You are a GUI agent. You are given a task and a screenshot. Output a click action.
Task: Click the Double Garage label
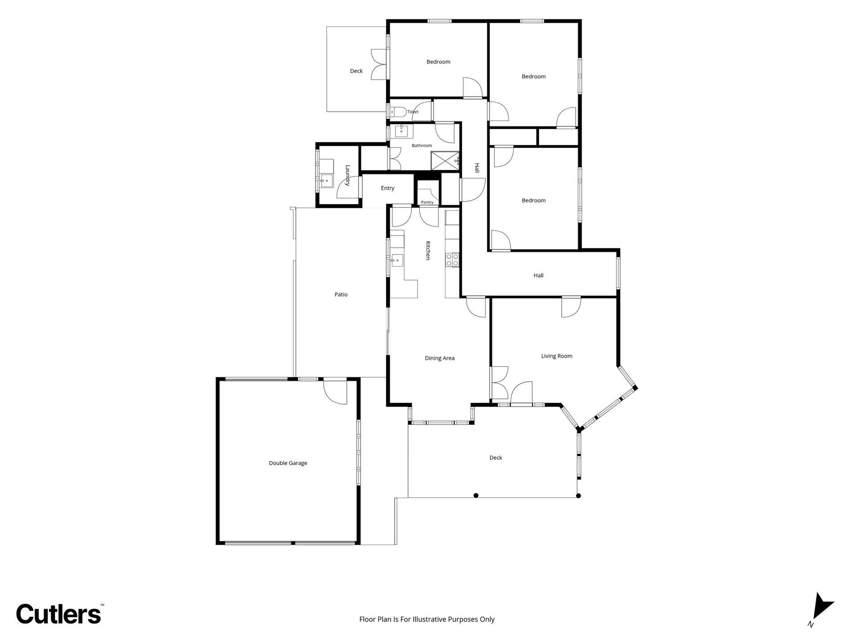pyautogui.click(x=288, y=463)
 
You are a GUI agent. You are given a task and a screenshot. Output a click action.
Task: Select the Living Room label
pyautogui.click(x=556, y=356)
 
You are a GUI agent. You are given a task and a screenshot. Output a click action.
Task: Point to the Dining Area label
pyautogui.click(x=440, y=358)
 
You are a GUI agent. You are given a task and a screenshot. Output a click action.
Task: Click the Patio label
pyautogui.click(x=341, y=295)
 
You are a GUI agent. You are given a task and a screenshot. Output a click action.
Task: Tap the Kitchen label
pyautogui.click(x=428, y=251)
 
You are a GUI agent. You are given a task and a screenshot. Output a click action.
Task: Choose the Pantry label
pyautogui.click(x=427, y=202)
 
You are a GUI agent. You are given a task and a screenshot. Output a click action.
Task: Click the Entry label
pyautogui.click(x=387, y=188)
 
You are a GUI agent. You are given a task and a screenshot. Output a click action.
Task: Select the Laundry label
pyautogui.click(x=347, y=175)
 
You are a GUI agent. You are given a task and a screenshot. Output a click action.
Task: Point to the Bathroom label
pyautogui.click(x=422, y=145)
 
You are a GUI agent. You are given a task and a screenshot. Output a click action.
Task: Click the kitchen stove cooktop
pyautogui.click(x=452, y=260)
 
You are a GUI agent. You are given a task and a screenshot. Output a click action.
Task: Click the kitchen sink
pyautogui.click(x=397, y=260)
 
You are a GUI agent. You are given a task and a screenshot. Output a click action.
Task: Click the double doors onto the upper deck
pyautogui.click(x=379, y=64)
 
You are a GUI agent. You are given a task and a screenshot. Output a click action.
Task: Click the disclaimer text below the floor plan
pyautogui.click(x=427, y=619)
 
